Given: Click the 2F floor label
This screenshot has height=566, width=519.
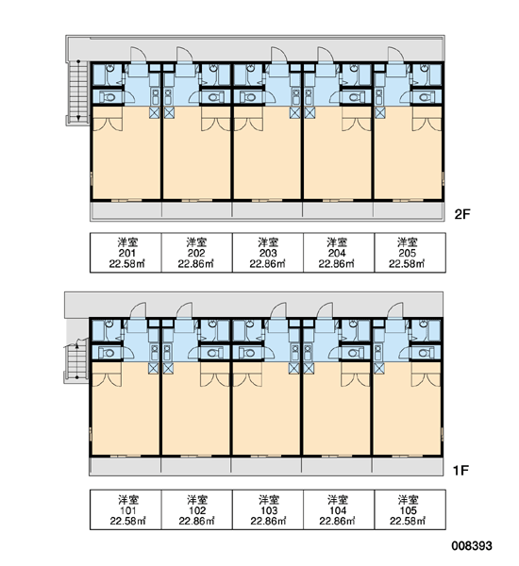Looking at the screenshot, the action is (462, 214).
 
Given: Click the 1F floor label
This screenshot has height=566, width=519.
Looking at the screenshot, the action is (460, 470).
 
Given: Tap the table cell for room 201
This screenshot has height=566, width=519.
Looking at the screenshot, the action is (126, 253).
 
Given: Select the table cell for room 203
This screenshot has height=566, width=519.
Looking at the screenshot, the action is (268, 253).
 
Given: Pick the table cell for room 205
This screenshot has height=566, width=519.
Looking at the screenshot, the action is (410, 253).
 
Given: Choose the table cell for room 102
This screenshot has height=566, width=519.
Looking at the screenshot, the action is (197, 509).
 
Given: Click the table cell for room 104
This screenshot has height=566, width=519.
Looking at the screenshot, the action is (339, 509).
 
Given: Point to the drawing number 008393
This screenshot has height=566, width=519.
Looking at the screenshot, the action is (472, 546).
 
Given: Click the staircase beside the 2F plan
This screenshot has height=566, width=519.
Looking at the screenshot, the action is (77, 92).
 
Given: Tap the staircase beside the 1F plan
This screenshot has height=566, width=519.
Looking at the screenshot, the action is (75, 361).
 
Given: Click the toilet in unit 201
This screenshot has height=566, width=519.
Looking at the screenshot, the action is (108, 97).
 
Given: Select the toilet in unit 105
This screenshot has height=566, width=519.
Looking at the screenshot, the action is (427, 352).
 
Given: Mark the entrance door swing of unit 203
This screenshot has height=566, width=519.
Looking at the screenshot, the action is (278, 57).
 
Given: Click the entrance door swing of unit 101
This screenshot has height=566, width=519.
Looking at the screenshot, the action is (139, 312).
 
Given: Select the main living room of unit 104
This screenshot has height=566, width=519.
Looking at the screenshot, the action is (337, 414).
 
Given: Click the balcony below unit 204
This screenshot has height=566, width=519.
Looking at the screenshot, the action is (338, 210).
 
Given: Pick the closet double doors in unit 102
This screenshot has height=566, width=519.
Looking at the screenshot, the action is (214, 377).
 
